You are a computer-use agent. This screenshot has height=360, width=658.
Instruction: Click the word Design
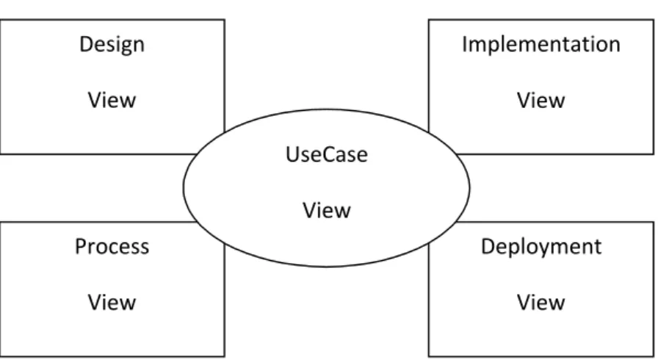[112, 45]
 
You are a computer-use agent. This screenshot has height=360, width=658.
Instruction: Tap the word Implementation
[541, 44]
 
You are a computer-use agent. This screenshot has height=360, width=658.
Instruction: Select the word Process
[112, 246]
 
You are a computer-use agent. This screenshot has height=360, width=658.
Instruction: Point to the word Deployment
[541, 247]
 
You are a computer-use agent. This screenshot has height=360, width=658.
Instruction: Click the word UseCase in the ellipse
[327, 154]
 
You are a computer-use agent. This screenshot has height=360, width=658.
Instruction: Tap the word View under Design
[112, 100]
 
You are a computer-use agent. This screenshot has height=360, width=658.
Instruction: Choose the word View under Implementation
[540, 100]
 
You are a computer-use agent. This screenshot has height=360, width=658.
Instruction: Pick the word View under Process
[112, 302]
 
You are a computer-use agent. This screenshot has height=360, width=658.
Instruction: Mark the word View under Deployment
[540, 302]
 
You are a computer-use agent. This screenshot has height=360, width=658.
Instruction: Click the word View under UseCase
[327, 210]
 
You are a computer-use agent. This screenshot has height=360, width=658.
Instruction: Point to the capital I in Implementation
[464, 44]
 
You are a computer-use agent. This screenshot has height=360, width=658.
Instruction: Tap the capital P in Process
[81, 246]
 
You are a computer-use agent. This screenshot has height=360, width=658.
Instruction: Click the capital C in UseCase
[327, 154]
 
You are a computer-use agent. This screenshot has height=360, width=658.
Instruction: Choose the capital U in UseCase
[293, 154]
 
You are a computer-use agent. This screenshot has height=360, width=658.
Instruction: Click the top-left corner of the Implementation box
[428, 20]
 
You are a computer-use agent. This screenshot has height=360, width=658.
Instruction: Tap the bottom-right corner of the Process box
[225, 356]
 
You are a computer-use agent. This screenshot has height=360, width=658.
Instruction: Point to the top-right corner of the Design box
[225, 20]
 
